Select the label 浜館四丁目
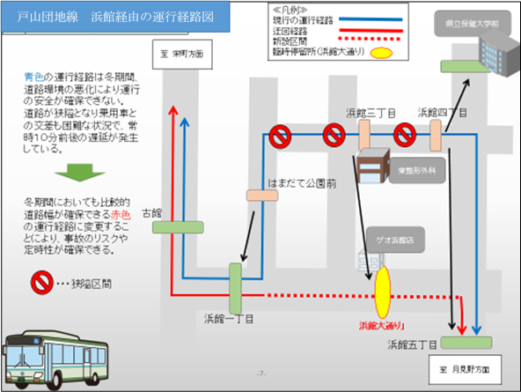pyautogui.click(x=442, y=114)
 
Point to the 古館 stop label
pyautogui.click(x=165, y=212)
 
